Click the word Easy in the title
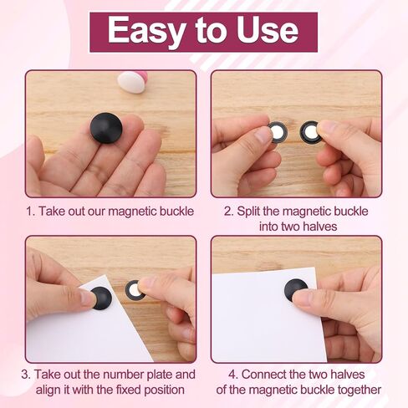[146, 31]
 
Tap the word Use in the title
[268, 29]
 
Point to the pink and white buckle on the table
[132, 81]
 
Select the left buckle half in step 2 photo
[277, 132]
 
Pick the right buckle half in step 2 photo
[309, 133]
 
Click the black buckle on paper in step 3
[101, 298]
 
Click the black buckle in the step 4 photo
[296, 290]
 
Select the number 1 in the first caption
[29, 212]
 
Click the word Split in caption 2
[249, 212]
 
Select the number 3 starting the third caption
[25, 375]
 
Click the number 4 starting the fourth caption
[233, 375]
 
